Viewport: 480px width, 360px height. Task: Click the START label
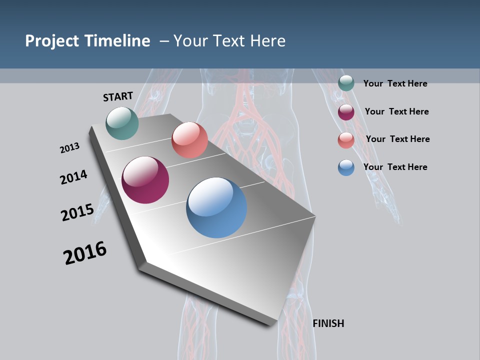coord(118,96)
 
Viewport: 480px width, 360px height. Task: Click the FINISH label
coord(328,323)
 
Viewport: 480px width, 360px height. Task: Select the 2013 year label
coord(69,148)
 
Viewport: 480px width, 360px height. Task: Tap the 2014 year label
coord(73,177)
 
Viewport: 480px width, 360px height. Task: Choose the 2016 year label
coord(85,253)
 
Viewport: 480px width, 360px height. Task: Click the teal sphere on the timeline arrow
coord(122,123)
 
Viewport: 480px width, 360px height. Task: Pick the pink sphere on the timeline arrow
coord(189,140)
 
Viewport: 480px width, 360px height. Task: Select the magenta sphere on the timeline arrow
coord(145,180)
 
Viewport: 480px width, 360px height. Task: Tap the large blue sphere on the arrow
coord(216,207)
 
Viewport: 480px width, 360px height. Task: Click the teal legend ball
coord(346,83)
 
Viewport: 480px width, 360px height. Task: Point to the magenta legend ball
coord(346,112)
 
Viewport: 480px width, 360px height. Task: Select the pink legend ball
coord(346,140)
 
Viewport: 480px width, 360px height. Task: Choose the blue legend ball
coord(346,167)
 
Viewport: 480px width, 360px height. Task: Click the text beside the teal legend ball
coord(395,83)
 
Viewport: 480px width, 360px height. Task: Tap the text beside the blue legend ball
coord(395,167)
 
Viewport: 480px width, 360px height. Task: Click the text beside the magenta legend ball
coord(396,111)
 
